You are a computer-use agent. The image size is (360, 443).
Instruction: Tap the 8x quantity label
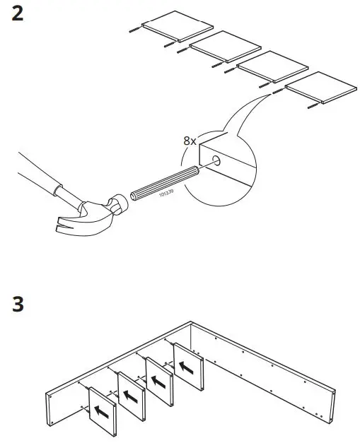(190, 141)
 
